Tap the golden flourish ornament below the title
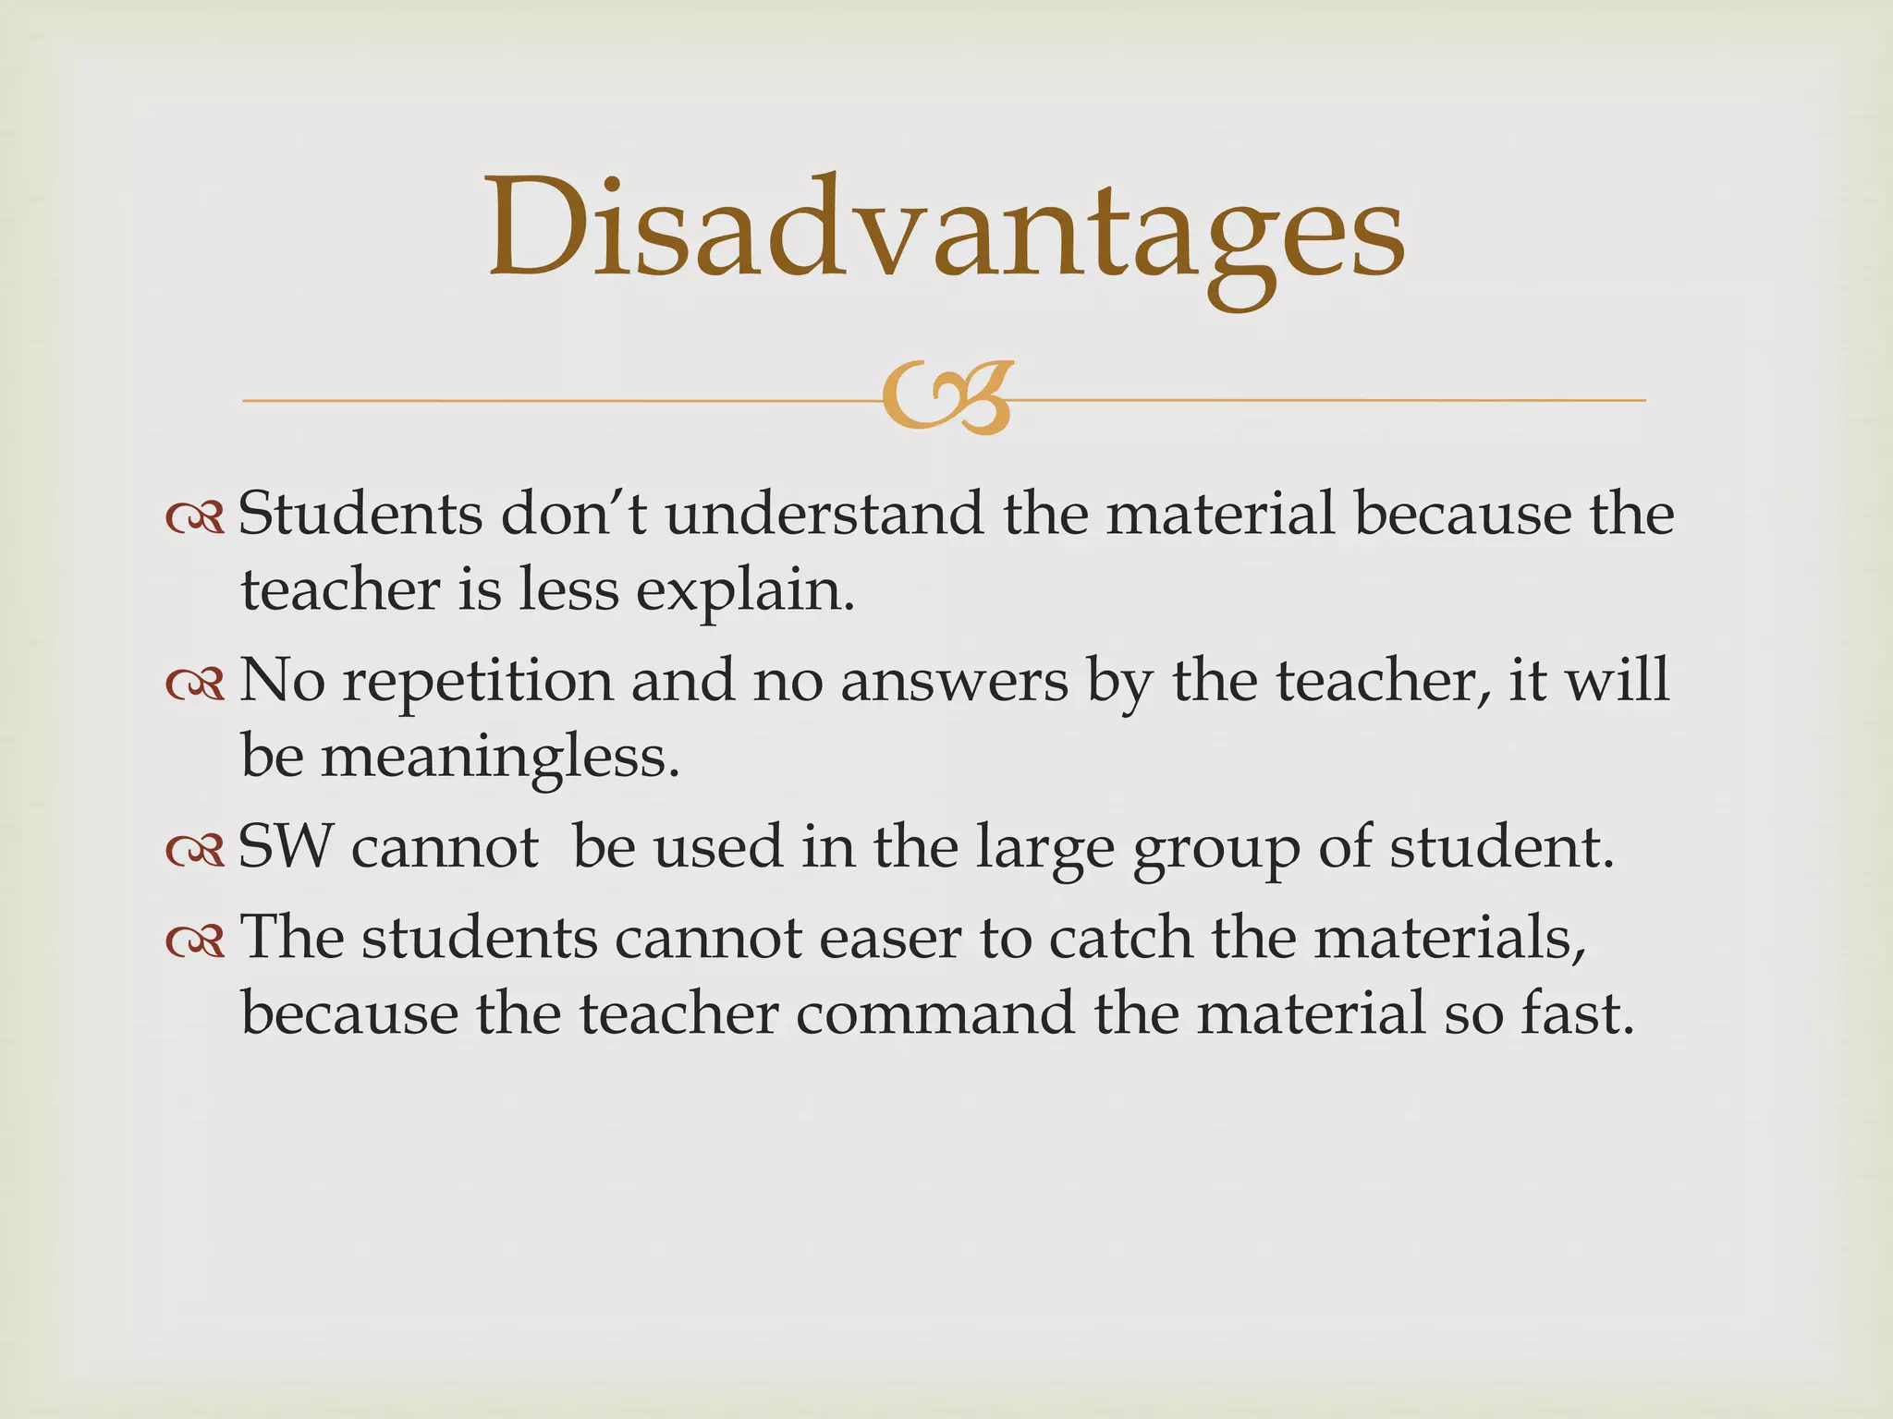click(946, 398)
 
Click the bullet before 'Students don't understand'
click(195, 518)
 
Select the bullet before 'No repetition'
click(195, 684)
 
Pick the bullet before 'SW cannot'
click(195, 850)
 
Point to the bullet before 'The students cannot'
click(195, 940)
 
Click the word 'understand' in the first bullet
click(824, 514)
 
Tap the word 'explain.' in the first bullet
click(745, 591)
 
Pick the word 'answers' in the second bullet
click(954, 682)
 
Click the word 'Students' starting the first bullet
click(360, 514)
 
